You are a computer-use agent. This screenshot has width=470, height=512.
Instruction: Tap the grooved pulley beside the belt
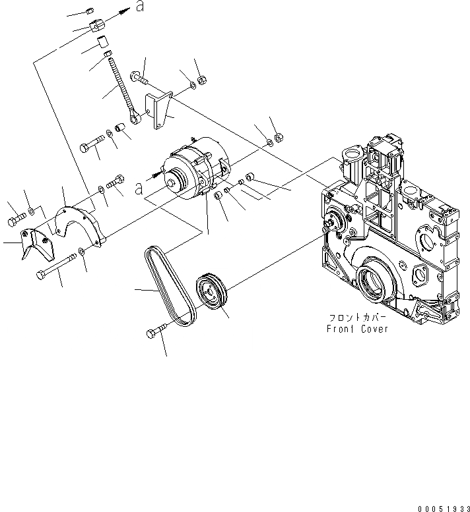212,293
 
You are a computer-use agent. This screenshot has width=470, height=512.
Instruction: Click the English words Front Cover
357,329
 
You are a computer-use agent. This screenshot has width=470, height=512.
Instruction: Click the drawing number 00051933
441,507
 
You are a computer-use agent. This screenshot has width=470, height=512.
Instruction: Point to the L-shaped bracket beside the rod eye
160,112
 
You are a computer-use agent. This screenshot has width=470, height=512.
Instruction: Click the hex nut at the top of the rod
96,27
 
